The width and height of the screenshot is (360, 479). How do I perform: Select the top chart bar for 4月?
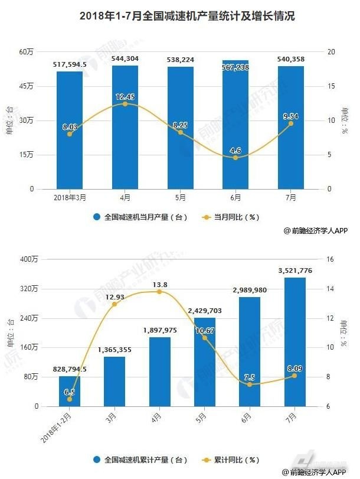(125, 127)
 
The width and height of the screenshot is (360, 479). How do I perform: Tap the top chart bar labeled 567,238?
(235, 124)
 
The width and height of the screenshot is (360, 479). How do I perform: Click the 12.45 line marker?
(125, 104)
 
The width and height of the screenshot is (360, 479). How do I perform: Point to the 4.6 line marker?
(235, 158)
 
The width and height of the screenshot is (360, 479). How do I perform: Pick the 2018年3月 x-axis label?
(70, 198)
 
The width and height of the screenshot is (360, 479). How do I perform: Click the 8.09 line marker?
(294, 376)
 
